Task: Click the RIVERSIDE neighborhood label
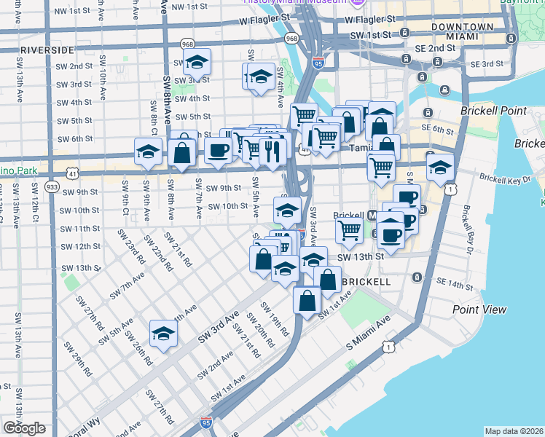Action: point(47,50)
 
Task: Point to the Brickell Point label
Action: point(493,111)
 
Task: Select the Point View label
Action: point(479,310)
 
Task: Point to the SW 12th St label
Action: point(81,247)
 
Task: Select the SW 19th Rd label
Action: point(258,328)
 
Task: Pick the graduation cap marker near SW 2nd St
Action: point(196,63)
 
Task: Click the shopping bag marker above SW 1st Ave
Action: point(307,299)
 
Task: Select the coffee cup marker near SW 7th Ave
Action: point(217,151)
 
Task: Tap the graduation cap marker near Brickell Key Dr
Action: point(439,168)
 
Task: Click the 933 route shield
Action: point(51,186)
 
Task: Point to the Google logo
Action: point(24,428)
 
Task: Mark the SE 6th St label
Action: point(443,129)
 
